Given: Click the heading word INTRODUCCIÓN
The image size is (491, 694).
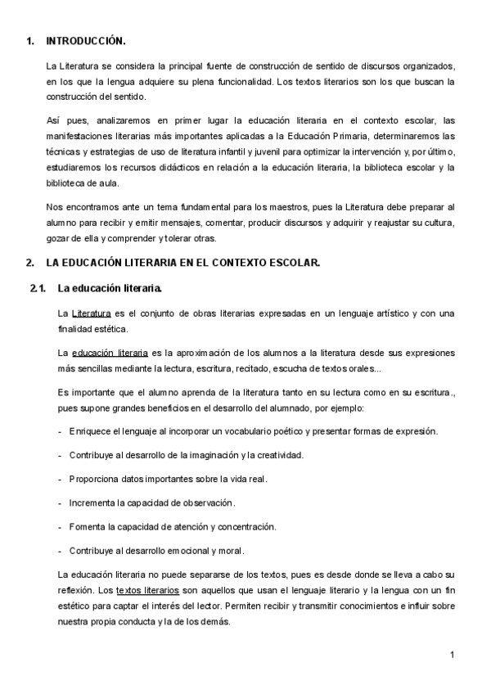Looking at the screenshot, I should coord(86,40).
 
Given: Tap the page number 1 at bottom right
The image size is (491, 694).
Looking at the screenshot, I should coord(451,655).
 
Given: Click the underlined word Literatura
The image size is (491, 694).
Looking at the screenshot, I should coord(91,313).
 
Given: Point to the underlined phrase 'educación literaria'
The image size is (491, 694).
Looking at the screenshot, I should coord(110,353).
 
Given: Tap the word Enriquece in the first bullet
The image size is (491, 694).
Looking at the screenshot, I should coord(92,430).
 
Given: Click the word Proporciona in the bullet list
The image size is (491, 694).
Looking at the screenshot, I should coord(97,478).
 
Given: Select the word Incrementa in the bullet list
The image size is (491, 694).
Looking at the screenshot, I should coord(95,502).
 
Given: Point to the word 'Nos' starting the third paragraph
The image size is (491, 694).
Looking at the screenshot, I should coord(55,208).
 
